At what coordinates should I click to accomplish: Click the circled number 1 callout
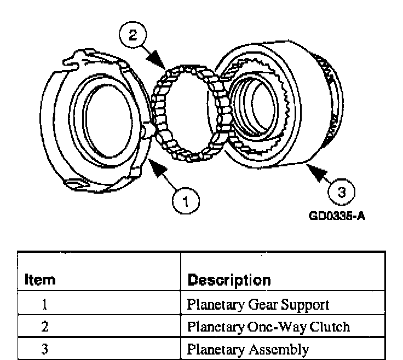point(186,200)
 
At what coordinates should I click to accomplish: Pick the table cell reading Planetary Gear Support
point(257,304)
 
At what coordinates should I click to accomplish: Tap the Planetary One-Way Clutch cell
point(268,327)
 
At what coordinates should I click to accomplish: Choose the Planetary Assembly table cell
point(248,349)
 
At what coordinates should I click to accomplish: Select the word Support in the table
point(310,304)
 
